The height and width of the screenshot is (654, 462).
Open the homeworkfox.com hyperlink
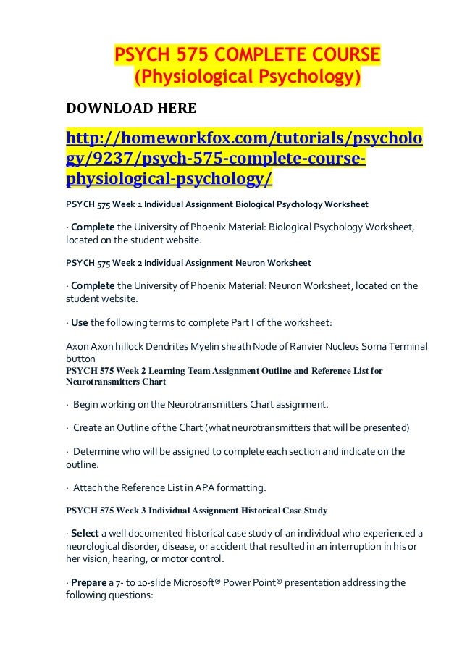[x=244, y=157]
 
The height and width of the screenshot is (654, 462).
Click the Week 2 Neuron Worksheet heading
[x=191, y=261]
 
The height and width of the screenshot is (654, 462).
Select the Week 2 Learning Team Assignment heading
[x=224, y=371]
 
